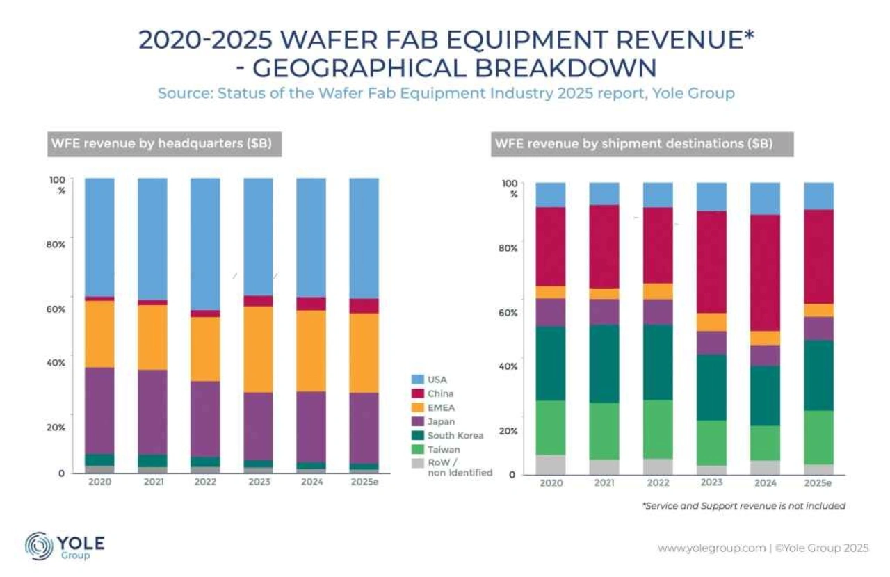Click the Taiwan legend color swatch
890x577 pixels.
pos(417,450)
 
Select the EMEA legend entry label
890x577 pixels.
pos(442,407)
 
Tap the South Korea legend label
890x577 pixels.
pos(456,436)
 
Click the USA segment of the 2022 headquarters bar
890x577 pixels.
pos(205,244)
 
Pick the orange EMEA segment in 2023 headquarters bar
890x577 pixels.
pos(258,349)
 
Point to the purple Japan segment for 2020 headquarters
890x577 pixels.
pos(99,410)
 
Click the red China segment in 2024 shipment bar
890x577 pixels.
pos(765,273)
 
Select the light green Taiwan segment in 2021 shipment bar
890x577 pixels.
pos(604,431)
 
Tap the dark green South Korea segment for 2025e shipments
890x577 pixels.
pos(818,375)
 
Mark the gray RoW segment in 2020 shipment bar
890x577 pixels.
pos(550,465)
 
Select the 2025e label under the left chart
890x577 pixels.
pos(364,481)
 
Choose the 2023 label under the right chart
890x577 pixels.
pos(711,482)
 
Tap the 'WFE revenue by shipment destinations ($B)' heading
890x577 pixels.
pos(633,145)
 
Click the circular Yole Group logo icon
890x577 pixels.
pos(39,546)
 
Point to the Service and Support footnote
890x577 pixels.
pos(744,505)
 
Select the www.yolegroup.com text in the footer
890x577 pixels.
pos(711,548)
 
